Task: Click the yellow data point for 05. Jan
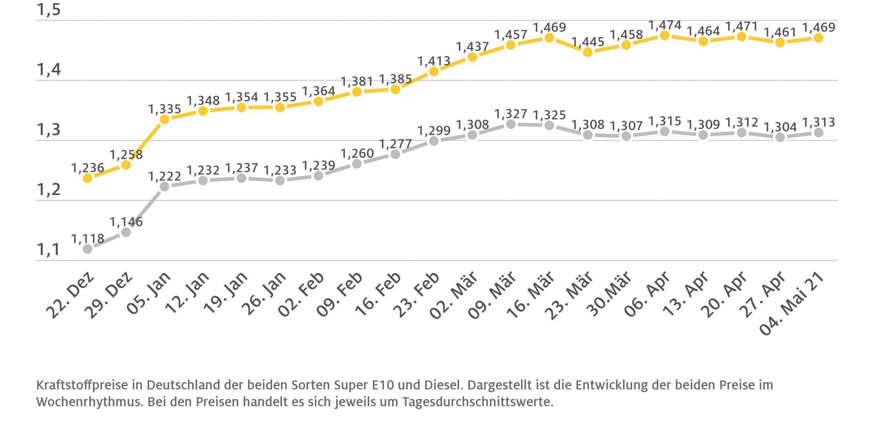pyautogui.click(x=165, y=119)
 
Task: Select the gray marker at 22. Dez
pyautogui.click(x=88, y=249)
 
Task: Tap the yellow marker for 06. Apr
pyautogui.click(x=665, y=35)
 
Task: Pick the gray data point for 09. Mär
pyautogui.click(x=511, y=124)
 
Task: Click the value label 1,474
pyautogui.click(x=665, y=25)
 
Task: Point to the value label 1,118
pyautogui.click(x=88, y=239)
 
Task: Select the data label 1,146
pyautogui.click(x=126, y=222)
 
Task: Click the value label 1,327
pyautogui.click(x=511, y=114)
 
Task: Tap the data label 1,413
pyautogui.click(x=434, y=61)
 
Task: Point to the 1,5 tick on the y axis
pyautogui.click(x=49, y=10)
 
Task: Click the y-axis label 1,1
pyautogui.click(x=49, y=250)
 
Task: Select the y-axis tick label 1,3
pyautogui.click(x=49, y=130)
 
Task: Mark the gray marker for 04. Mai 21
pyautogui.click(x=818, y=133)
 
